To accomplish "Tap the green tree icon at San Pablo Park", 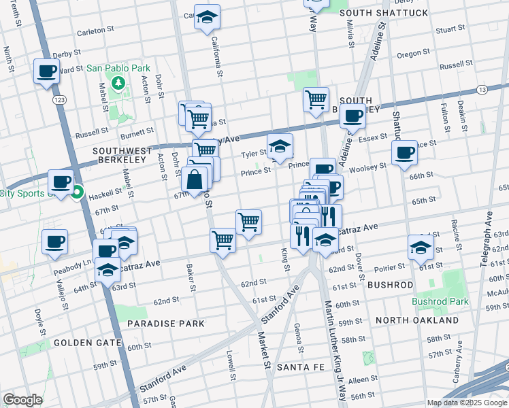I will pos(118,83).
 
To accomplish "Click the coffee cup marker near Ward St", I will pos(47,71).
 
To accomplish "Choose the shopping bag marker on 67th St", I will pos(195,180).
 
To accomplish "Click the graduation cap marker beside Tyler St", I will pos(279,146).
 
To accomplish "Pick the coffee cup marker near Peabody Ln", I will pos(55,241).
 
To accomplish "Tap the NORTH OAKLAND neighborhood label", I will pos(416,320).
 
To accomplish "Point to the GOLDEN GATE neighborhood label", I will pos(80,343).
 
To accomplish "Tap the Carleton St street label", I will pos(95,31).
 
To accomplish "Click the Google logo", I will pos(22,400).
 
